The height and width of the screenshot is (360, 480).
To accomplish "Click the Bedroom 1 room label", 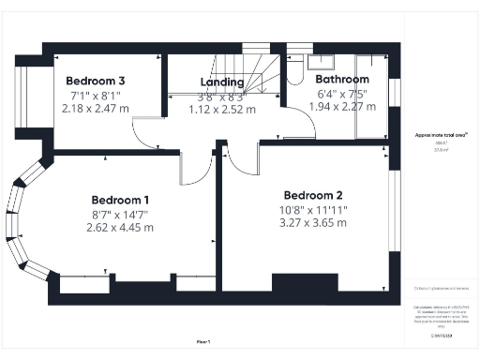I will coord(119,200).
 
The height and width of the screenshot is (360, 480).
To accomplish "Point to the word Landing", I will coord(222,82).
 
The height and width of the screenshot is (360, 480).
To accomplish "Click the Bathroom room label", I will coord(340,80).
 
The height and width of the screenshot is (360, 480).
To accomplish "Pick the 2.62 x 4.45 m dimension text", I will coord(119,228).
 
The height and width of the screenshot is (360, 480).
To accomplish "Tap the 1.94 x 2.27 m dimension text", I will coord(340,106).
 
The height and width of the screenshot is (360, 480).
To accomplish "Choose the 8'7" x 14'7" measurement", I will coord(119,215).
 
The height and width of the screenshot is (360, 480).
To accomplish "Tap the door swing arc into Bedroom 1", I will coord(195,171).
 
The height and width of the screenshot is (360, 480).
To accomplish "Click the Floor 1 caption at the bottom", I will coord(203,342).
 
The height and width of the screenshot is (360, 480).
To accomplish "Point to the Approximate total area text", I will coord(434,135).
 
